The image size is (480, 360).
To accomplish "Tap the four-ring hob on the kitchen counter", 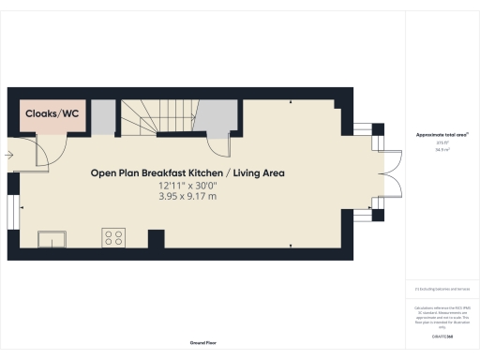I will click(114, 238).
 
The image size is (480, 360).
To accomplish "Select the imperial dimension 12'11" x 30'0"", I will click(187, 187).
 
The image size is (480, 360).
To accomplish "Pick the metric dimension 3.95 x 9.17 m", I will click(187, 197).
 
